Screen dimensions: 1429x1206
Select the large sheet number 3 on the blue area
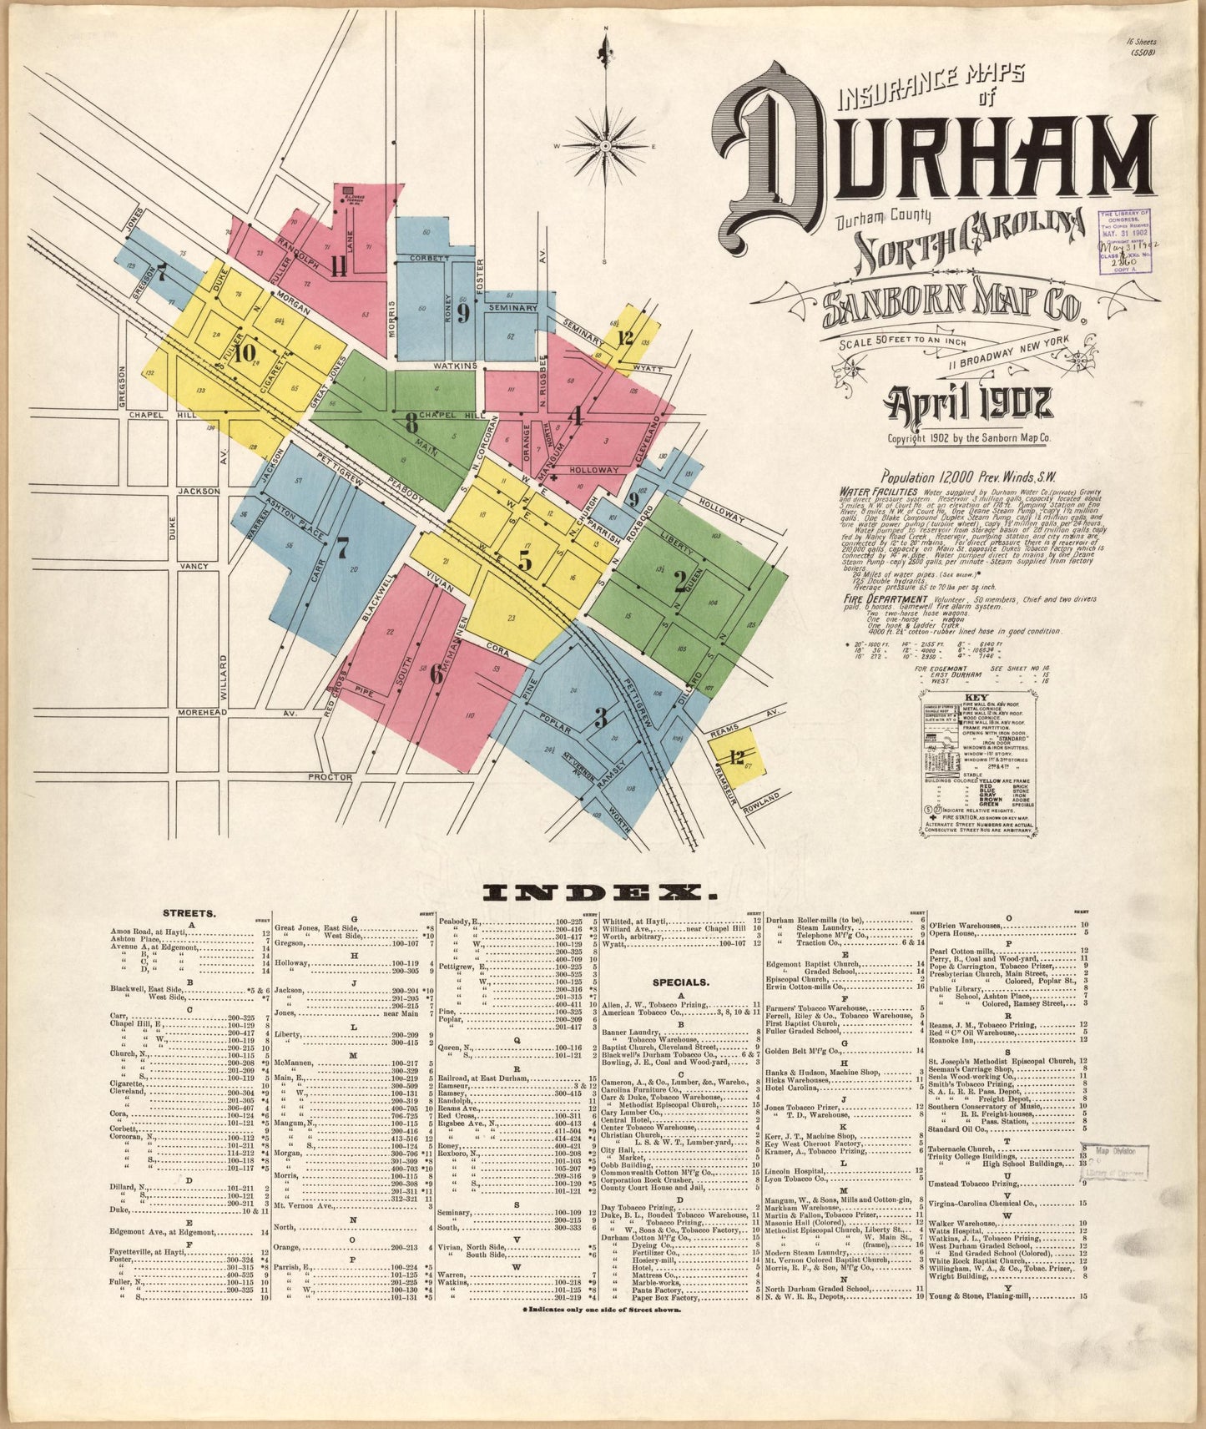600,716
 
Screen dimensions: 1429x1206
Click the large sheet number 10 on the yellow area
244,353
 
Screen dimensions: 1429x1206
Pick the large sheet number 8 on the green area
411,422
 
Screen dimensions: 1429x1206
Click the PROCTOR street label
331,776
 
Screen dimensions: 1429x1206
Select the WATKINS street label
454,366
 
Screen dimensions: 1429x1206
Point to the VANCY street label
194,566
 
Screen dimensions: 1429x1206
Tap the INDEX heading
600,893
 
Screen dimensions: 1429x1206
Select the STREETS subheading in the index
191,913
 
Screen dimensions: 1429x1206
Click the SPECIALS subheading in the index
681,982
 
